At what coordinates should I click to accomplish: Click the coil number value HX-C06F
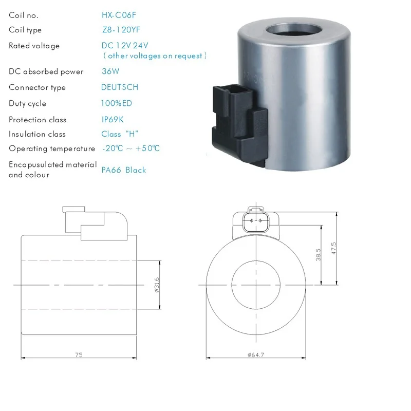pos(119,15)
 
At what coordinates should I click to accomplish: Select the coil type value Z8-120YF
pos(121,30)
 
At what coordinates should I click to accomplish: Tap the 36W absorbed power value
pos(110,71)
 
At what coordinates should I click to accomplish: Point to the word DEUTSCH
pos(120,87)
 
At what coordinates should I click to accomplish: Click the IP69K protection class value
pos(113,120)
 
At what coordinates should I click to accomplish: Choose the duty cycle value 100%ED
pos(117,103)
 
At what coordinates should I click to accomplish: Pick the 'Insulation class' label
pos(37,134)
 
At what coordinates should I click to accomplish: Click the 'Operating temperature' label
pos(52,149)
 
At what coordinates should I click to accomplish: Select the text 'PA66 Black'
pos(124,170)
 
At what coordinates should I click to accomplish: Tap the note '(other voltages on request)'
pos(155,56)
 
